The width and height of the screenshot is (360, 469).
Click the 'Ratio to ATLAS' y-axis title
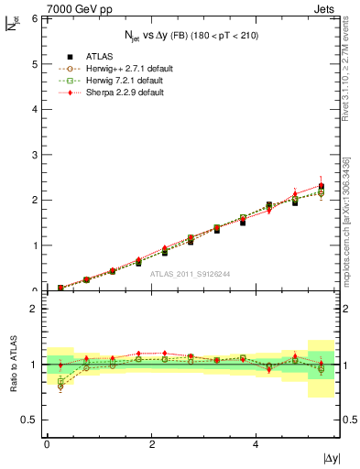pos(14,365)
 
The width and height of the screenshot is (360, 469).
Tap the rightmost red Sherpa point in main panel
pos(321,185)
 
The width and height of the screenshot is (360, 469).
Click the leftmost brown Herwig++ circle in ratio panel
pos(60,387)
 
